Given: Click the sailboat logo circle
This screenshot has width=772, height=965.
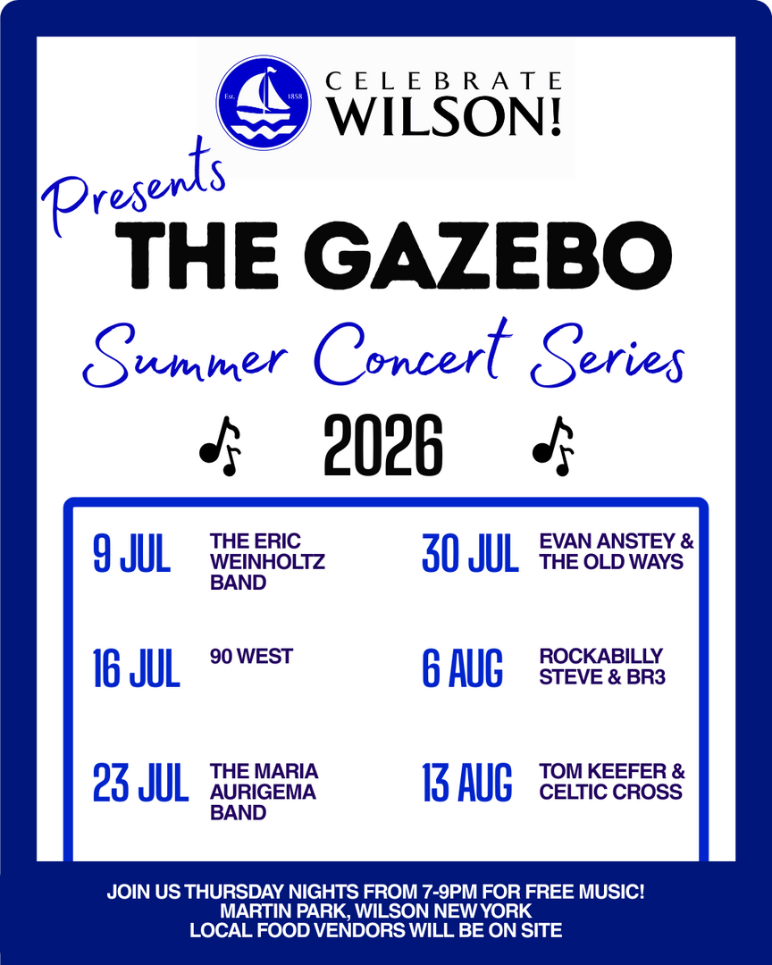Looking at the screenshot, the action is (264, 102).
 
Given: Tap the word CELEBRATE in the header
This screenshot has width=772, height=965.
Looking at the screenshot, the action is (443, 81).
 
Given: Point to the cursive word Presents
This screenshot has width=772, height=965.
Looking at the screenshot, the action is (134, 189).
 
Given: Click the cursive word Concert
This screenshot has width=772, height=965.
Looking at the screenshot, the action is (414, 353).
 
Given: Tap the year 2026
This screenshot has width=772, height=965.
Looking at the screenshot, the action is (383, 444).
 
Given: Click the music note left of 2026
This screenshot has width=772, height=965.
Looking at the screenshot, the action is (220, 446).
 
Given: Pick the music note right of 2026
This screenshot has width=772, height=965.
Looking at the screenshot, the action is (553, 446).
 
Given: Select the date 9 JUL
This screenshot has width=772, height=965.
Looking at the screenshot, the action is (131, 554).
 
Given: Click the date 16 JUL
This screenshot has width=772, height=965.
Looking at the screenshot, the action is (136, 668).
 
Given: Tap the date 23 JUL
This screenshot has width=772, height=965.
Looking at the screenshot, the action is (140, 783).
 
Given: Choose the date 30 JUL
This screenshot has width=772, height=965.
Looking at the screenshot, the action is (470, 554).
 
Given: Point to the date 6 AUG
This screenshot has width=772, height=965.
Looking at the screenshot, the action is (462, 668).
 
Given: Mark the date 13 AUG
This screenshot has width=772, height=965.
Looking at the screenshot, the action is (466, 783).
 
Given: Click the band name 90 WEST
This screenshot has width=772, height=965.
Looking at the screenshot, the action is (251, 657).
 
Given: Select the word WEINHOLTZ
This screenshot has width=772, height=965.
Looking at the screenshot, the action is (267, 562).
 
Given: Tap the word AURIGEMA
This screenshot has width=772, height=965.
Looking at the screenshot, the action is (263, 792).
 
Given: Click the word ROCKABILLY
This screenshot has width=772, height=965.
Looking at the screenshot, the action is (600, 657).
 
